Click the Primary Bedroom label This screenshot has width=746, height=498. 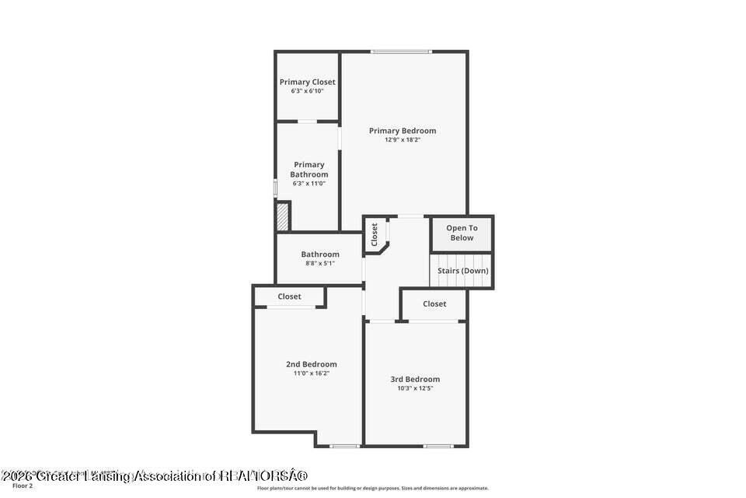403,131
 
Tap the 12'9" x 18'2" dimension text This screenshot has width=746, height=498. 403,140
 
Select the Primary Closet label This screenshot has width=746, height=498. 308,82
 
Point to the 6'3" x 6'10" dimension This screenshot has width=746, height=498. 308,91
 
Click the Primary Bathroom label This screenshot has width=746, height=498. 309,170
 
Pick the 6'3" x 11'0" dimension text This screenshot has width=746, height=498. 309,184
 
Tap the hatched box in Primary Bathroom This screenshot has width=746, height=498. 283,216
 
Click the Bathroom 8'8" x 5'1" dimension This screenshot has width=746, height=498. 320,264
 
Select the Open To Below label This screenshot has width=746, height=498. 462,233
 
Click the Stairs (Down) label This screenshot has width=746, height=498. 463,271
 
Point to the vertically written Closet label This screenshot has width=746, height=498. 375,234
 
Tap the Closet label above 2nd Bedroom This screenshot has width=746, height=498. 290,296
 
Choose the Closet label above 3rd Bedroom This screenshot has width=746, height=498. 435,304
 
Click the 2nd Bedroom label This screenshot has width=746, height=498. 312,364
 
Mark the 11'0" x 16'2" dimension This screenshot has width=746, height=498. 312,373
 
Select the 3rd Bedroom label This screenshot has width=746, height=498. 415,380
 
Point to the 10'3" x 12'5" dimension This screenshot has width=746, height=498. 415,388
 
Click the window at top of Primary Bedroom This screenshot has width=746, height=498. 401,52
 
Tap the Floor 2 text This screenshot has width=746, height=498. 23,486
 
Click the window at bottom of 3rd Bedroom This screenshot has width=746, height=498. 438,446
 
